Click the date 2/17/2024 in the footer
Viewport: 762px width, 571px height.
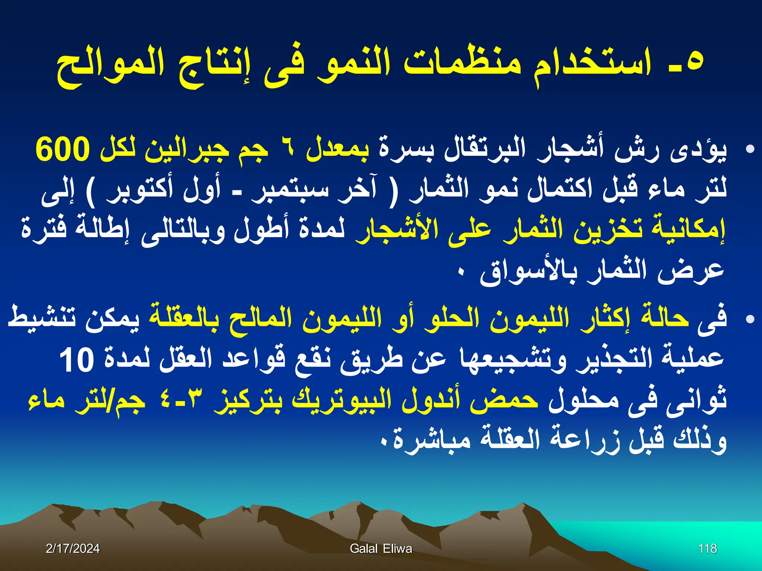coord(73,549)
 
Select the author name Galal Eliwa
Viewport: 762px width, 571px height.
coord(381,549)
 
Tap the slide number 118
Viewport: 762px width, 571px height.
coord(707,549)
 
